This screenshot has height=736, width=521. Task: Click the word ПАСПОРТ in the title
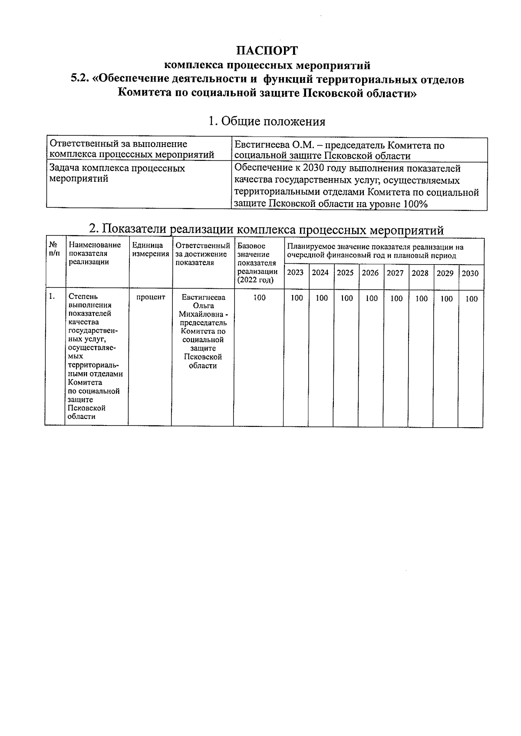267,51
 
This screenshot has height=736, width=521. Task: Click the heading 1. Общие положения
267,121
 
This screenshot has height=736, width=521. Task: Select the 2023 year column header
296,273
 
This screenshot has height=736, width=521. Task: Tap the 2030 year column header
470,274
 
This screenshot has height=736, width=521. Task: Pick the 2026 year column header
370,273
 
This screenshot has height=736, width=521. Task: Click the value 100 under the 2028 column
421,299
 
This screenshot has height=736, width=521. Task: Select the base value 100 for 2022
259,298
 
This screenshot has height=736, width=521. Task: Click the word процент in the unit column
151,297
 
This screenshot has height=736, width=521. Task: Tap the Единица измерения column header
150,249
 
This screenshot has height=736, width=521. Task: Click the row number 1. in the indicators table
52,297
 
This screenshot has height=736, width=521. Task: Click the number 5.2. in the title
81,80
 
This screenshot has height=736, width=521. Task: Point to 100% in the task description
415,204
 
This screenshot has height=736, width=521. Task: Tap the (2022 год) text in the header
255,280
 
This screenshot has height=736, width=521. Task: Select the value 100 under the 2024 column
321,299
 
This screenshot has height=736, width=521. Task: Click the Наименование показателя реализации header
95,253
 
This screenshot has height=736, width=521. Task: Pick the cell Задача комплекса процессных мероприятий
117,173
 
